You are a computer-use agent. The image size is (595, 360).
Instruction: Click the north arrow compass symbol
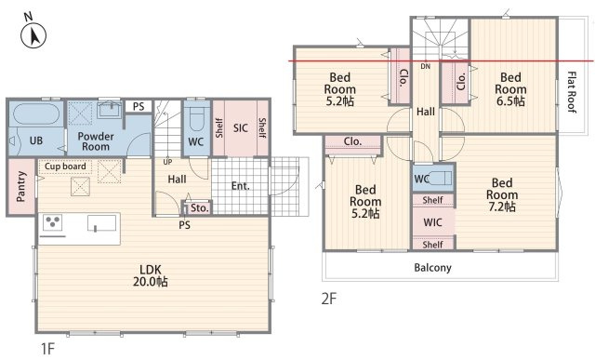click(x=33, y=35)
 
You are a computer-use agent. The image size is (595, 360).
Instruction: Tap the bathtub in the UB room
click(x=36, y=113)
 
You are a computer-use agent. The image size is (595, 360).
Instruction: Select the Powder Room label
click(x=96, y=141)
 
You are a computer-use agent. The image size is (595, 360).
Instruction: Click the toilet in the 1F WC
click(x=196, y=118)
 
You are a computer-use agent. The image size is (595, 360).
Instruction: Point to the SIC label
click(x=241, y=128)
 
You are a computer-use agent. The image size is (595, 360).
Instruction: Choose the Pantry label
click(x=21, y=186)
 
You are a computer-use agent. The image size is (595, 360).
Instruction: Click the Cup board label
click(x=65, y=167)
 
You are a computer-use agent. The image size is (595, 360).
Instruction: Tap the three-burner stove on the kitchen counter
click(x=53, y=222)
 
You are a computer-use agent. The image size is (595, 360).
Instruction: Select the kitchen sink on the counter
click(x=101, y=223)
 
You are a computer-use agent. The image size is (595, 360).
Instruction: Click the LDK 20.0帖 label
click(x=151, y=275)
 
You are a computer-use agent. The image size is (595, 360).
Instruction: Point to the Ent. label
click(x=241, y=186)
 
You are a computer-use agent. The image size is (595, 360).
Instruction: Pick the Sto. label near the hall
click(x=200, y=208)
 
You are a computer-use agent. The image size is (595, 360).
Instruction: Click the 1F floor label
click(x=47, y=348)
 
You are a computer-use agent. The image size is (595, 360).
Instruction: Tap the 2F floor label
click(x=328, y=300)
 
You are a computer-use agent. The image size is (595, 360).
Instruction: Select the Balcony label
click(x=432, y=268)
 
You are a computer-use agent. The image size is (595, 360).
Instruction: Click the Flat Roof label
click(x=572, y=92)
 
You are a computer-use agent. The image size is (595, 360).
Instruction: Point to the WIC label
click(x=433, y=222)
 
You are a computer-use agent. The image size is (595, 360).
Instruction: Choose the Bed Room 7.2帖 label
click(x=502, y=194)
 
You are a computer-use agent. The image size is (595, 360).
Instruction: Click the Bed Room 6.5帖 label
click(x=510, y=89)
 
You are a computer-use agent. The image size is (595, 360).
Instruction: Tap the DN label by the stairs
click(x=426, y=66)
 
